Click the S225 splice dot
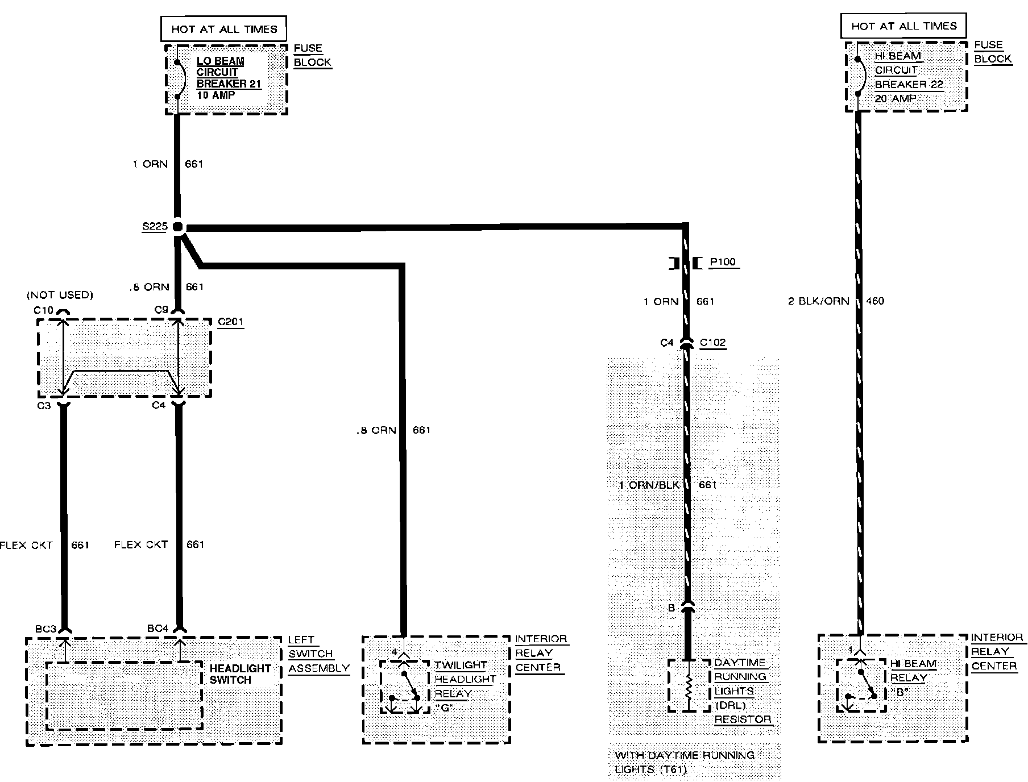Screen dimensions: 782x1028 pos(178,227)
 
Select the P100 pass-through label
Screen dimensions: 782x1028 pos(723,262)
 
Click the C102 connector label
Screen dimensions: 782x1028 pos(712,343)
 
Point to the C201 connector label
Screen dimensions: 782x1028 pos(230,322)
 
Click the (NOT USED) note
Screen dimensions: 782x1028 pos(60,295)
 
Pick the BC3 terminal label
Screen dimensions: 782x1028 pos(45,629)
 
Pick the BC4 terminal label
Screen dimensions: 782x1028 pos(158,629)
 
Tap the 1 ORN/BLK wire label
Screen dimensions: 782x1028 pos(649,485)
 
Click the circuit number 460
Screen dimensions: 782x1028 pos(875,301)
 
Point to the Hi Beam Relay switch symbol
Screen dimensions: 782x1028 pos(861,685)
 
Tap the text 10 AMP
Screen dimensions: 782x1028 pos(215,95)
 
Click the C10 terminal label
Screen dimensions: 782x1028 pos(43,310)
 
